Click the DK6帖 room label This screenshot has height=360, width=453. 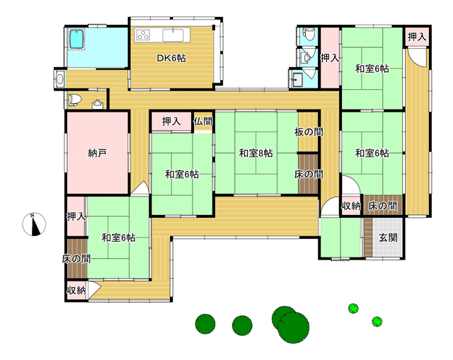171,58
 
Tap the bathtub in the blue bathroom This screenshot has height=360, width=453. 76,39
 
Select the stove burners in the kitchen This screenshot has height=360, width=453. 143,35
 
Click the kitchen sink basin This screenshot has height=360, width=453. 173,35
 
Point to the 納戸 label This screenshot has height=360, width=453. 97,153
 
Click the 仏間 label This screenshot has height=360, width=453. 203,122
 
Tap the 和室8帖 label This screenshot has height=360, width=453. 256,153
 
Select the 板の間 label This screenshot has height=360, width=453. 309,132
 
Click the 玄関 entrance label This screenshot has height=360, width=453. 388,238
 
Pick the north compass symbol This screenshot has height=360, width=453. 34,224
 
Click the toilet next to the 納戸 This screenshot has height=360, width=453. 74,99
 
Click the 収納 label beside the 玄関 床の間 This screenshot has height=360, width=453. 351,206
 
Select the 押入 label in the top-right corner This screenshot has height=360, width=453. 417,37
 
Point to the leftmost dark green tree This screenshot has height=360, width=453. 205,324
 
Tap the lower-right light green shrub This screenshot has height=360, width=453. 377,321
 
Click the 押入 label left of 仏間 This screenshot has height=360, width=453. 171,122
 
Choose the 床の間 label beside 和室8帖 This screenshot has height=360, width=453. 309,174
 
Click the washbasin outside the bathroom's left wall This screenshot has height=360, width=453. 60,79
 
